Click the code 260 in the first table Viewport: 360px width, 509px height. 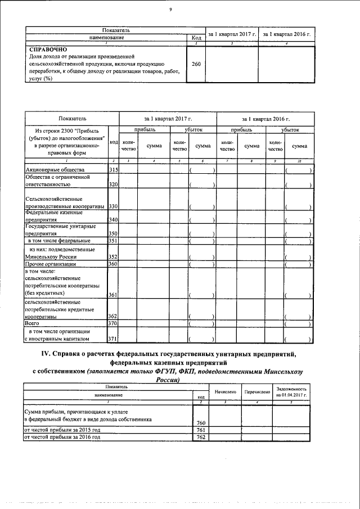(196, 64)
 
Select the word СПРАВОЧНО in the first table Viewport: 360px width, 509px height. (48, 49)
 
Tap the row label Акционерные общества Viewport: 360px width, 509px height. (55, 169)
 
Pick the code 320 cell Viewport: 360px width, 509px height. (113, 184)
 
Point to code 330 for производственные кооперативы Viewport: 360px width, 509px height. (113, 207)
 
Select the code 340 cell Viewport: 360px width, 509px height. (113, 219)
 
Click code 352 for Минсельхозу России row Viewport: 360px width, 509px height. (113, 256)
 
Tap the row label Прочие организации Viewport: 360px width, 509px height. (51, 264)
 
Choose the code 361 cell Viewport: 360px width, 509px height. (113, 295)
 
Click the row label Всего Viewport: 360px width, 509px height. (31, 323)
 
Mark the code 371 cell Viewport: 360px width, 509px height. (113, 339)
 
